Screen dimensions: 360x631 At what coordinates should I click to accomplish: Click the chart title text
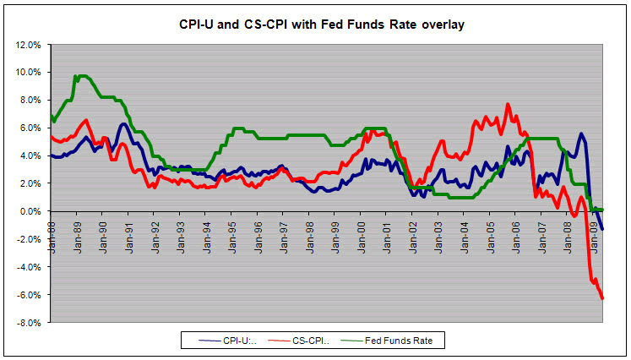tap(321, 25)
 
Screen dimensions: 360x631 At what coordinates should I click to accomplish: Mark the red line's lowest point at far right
tap(602, 297)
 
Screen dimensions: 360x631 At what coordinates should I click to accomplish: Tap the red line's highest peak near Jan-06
tap(508, 104)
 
